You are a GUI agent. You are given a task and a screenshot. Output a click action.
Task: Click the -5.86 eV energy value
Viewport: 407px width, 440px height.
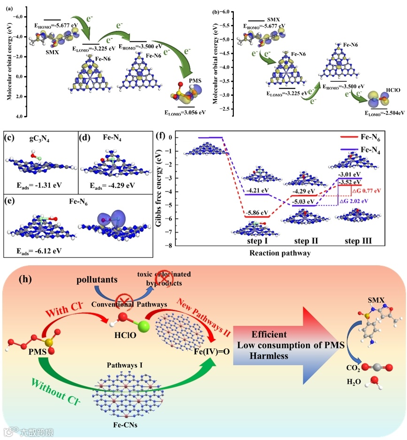click(257, 212)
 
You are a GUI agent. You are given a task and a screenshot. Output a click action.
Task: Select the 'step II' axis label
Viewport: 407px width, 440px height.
click(307, 240)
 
